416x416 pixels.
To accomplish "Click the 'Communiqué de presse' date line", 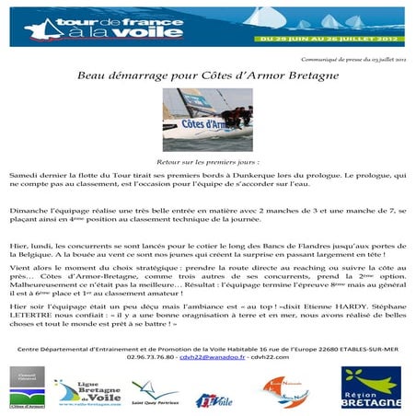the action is (x=353, y=58).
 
